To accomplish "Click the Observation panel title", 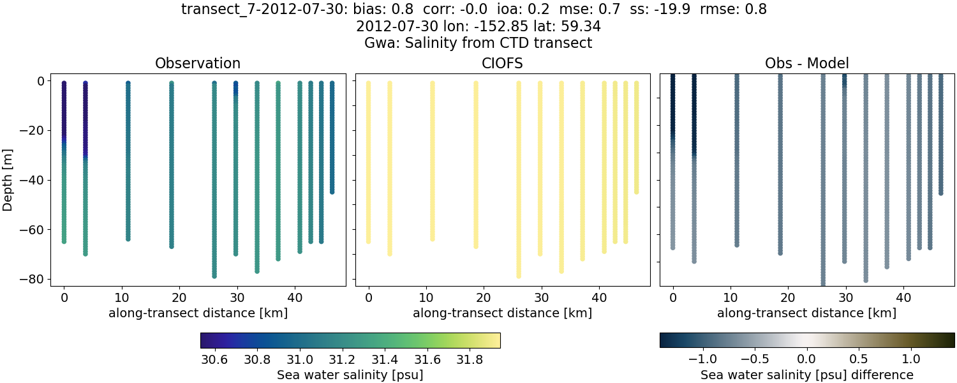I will point(198,63).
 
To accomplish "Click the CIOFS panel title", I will point(502,63).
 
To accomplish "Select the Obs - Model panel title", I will point(806,63).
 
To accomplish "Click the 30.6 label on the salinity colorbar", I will point(214,359).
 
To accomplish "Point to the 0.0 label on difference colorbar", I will point(806,359).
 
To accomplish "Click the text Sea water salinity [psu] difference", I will point(806,375).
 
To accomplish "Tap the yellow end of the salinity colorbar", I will point(495,340).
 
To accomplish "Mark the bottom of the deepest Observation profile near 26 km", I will point(214,276).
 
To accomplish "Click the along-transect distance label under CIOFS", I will point(502,313).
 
